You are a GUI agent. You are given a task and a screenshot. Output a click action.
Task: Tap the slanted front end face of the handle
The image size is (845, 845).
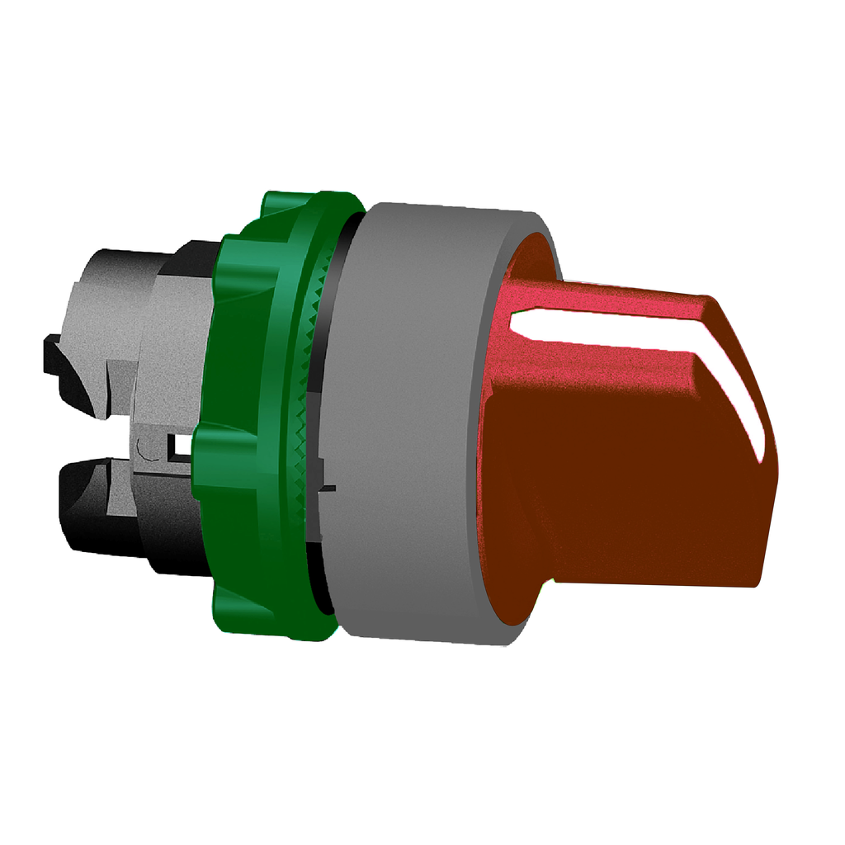(x=743, y=462)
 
